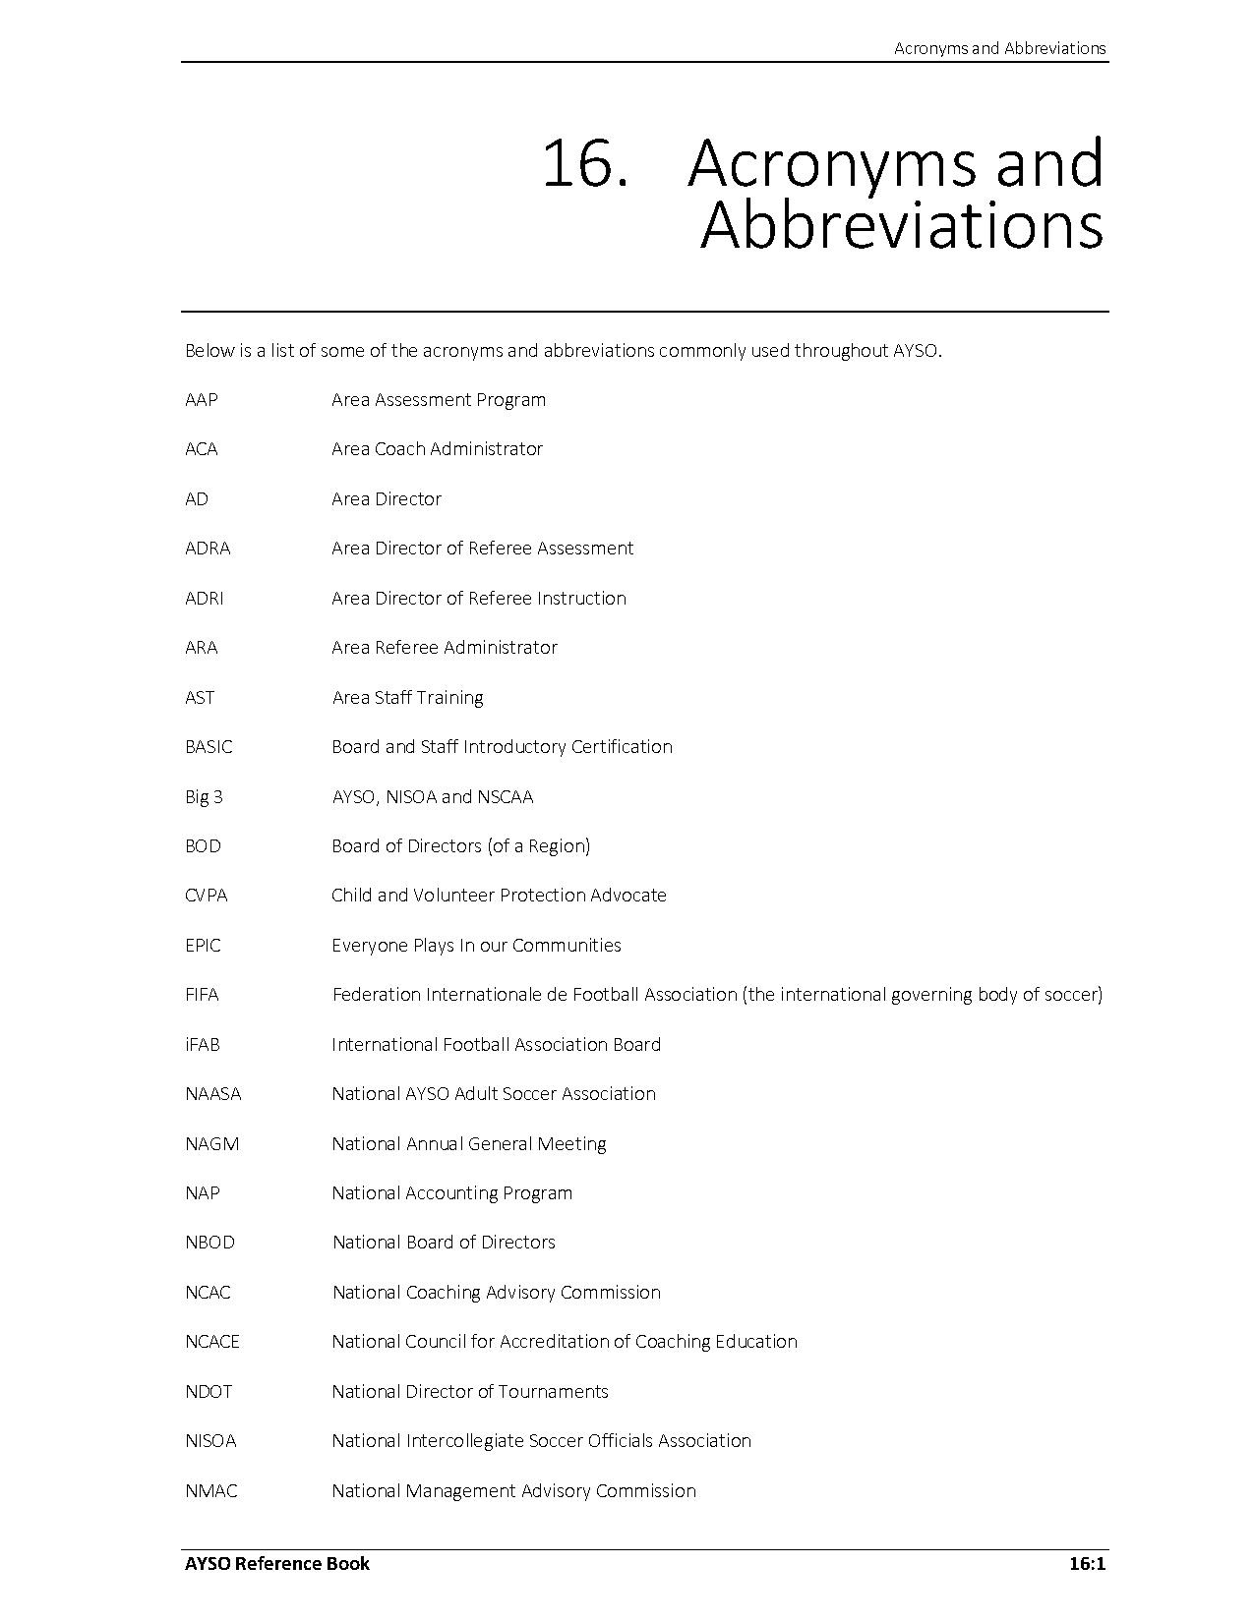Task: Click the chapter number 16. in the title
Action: (584, 163)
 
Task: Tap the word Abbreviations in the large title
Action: (902, 225)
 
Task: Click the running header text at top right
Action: (999, 48)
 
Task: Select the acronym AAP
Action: (202, 400)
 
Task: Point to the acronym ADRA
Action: (208, 549)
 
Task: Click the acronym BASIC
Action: (209, 747)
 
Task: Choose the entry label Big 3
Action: (204, 796)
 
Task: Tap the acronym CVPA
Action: (206, 896)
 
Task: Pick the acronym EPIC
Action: (203, 946)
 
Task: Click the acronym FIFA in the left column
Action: (202, 995)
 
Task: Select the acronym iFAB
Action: (202, 1045)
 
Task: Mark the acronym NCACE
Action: (211, 1342)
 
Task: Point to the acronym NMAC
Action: (210, 1491)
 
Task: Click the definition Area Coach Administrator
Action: (437, 449)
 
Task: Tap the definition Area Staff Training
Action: (407, 698)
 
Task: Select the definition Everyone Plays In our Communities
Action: (476, 946)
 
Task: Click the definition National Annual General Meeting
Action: (468, 1144)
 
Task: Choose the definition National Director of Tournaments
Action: (469, 1392)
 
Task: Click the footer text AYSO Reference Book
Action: (277, 1564)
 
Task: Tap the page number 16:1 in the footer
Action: (1087, 1564)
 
